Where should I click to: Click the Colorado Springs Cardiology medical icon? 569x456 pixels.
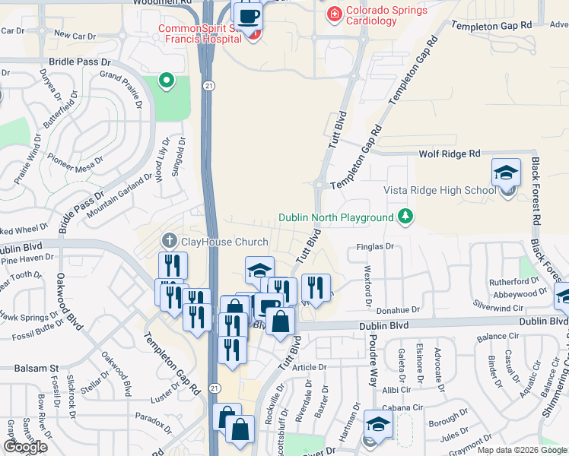[333, 14]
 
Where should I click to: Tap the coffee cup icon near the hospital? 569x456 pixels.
[248, 15]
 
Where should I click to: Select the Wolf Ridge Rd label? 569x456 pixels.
[450, 154]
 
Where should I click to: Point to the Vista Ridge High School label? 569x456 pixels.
[440, 190]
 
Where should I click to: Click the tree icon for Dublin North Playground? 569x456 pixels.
[405, 218]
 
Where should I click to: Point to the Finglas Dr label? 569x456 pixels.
[374, 247]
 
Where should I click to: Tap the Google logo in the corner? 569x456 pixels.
[25, 447]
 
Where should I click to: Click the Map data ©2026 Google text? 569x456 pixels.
[522, 450]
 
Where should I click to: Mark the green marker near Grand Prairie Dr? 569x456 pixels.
[164, 80]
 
